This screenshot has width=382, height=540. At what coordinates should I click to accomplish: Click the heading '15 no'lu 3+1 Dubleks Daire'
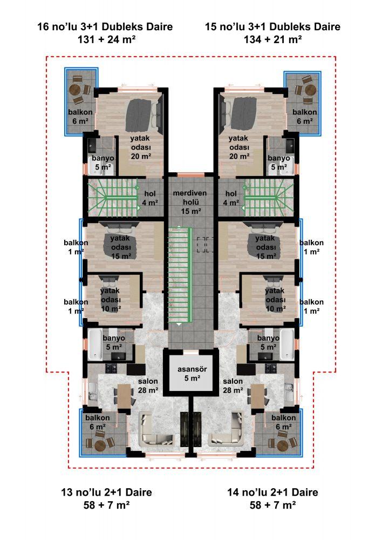pos(273,26)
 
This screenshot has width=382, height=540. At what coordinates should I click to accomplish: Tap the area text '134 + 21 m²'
pos(273,39)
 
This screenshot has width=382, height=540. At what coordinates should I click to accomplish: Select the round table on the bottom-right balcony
pos(282,444)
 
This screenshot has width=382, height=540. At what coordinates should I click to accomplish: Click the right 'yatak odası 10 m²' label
pos(275,300)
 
